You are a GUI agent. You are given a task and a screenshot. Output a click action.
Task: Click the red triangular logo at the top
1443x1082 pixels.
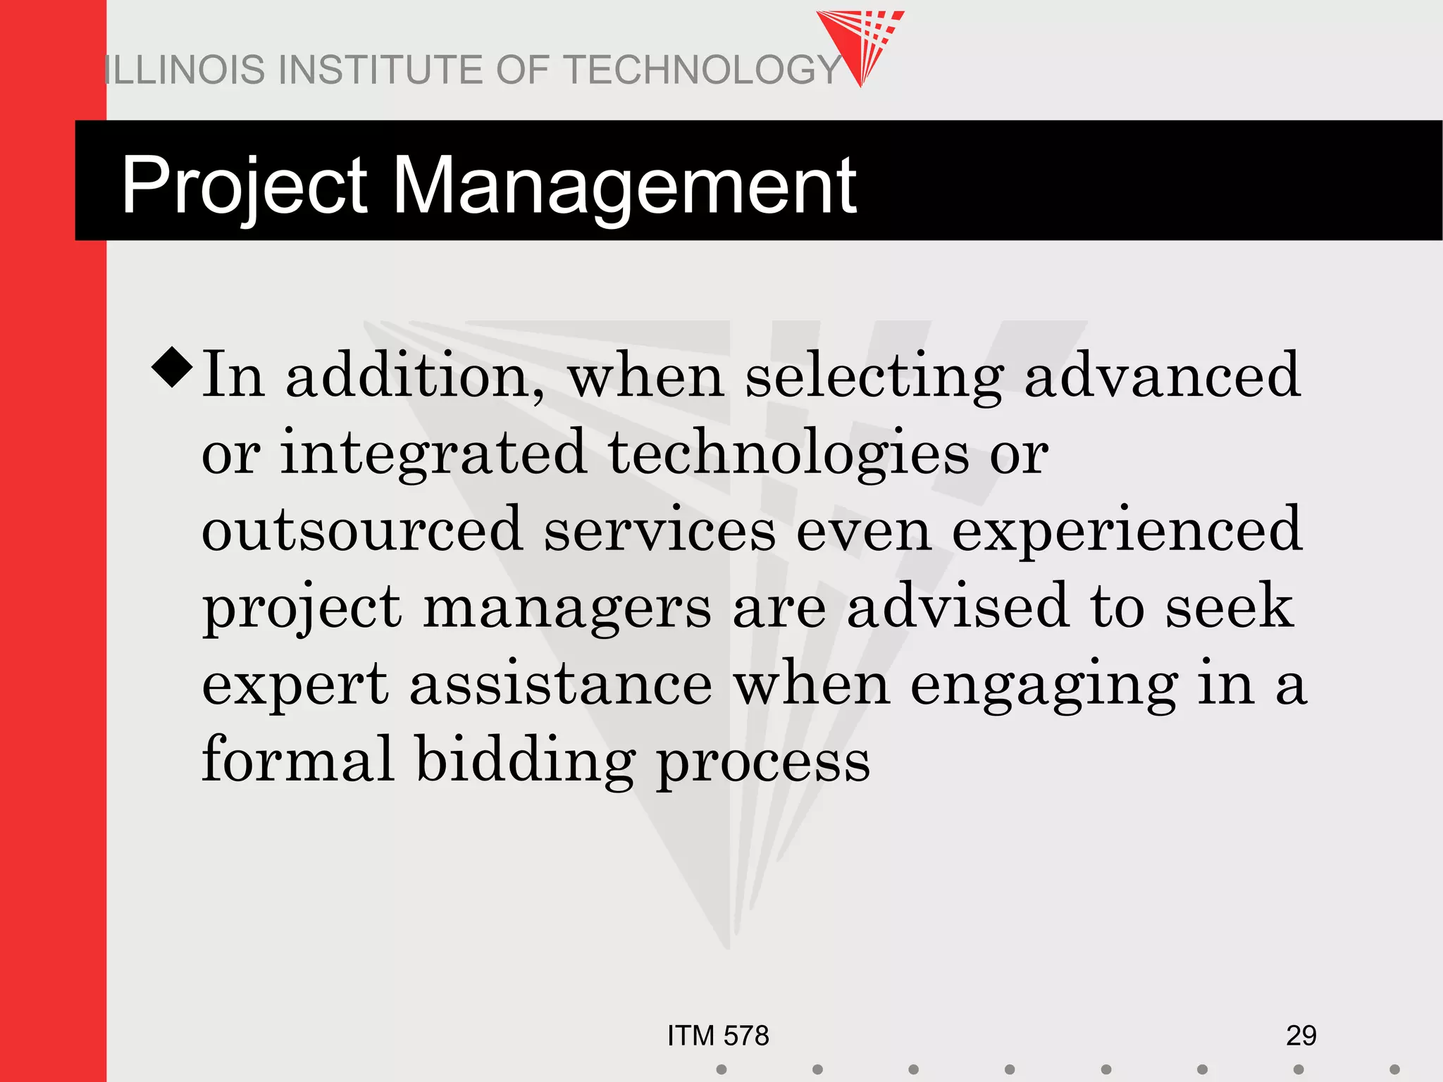[862, 42]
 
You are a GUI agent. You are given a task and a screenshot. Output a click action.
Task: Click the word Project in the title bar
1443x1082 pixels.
[244, 185]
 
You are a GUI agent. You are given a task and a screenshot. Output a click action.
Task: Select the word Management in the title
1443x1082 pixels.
[624, 185]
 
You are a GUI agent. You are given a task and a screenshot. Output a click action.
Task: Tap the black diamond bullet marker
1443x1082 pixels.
[172, 366]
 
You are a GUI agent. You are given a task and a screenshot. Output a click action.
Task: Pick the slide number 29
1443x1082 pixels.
[1301, 1036]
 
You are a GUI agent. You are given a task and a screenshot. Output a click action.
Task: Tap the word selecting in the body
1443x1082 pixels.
[874, 377]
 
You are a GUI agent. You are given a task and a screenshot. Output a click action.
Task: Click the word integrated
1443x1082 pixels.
[433, 454]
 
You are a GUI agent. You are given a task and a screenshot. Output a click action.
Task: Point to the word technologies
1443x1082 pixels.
[788, 454]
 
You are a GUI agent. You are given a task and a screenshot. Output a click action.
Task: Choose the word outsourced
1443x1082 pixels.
[361, 530]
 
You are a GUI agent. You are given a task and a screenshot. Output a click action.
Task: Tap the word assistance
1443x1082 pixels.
[561, 684]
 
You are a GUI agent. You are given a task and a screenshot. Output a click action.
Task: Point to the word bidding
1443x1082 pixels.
[525, 761]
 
